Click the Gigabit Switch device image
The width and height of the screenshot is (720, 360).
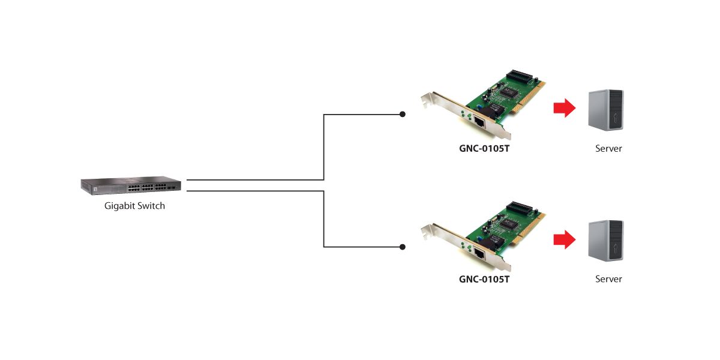pos(131,187)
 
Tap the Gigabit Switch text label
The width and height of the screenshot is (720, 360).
pos(134,206)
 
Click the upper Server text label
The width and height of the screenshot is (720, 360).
pos(608,148)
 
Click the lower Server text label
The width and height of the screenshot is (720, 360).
pos(608,279)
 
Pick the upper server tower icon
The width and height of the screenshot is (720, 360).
pos(607,110)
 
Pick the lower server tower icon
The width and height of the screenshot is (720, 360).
pos(607,241)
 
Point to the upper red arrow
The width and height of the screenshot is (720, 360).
pos(564,109)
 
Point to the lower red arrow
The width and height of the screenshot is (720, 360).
pos(564,240)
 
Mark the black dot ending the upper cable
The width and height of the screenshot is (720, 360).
pos(403,114)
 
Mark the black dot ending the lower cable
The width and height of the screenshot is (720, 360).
pos(403,247)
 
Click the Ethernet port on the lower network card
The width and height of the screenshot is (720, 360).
pos(480,252)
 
